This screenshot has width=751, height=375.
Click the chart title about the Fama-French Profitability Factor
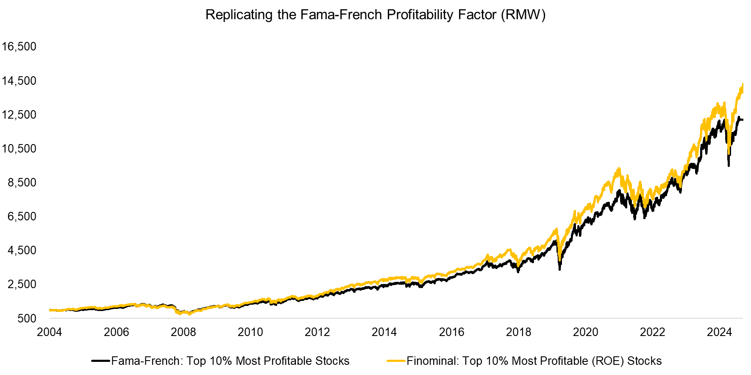[375, 15]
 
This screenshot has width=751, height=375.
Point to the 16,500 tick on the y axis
[19, 46]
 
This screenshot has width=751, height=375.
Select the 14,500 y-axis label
[19, 81]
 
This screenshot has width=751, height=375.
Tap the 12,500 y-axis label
[19, 114]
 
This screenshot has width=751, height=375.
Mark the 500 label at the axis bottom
[27, 319]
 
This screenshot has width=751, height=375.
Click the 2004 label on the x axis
[49, 332]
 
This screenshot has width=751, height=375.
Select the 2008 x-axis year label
[183, 332]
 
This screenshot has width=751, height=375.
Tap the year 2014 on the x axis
[384, 332]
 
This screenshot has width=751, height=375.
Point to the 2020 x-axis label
[585, 332]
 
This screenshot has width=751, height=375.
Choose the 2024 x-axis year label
[719, 332]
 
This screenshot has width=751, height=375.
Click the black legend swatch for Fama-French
[101, 361]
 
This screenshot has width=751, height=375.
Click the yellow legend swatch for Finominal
[396, 361]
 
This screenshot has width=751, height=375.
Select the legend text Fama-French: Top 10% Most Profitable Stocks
[230, 361]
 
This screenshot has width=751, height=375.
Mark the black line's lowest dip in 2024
[729, 165]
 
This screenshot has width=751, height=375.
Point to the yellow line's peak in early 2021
[619, 169]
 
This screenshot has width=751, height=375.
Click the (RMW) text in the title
[523, 15]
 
